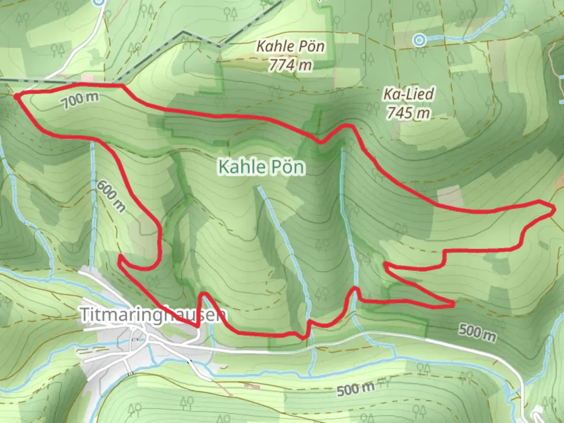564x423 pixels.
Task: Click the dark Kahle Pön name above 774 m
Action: tap(290, 47)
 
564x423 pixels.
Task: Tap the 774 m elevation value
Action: tap(290, 65)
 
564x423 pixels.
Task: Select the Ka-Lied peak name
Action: tap(409, 94)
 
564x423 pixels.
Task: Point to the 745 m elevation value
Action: tap(409, 113)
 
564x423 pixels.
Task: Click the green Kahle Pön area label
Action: tap(261, 167)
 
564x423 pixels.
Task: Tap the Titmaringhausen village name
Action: tap(153, 315)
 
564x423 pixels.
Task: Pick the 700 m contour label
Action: tap(80, 101)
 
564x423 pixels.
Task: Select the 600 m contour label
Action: tap(112, 196)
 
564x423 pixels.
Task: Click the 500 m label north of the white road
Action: tap(477, 333)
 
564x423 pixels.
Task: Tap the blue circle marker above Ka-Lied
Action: tap(419, 40)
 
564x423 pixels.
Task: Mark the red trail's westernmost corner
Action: tap(16, 95)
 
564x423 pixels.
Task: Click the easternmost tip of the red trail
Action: tap(554, 211)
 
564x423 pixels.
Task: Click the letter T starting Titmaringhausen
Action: tap(84, 315)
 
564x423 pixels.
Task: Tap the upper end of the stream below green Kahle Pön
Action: tap(259, 188)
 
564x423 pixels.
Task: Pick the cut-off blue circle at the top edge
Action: tap(99, 2)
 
